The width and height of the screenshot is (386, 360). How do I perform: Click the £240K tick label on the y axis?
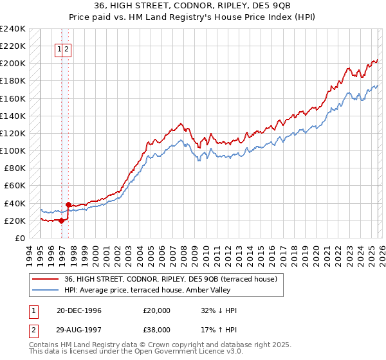click(x=13, y=29)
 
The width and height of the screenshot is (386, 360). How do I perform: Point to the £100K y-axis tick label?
click(x=13, y=150)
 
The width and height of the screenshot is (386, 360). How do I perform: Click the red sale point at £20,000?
click(x=62, y=221)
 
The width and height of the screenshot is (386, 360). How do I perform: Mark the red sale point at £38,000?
click(x=69, y=204)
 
